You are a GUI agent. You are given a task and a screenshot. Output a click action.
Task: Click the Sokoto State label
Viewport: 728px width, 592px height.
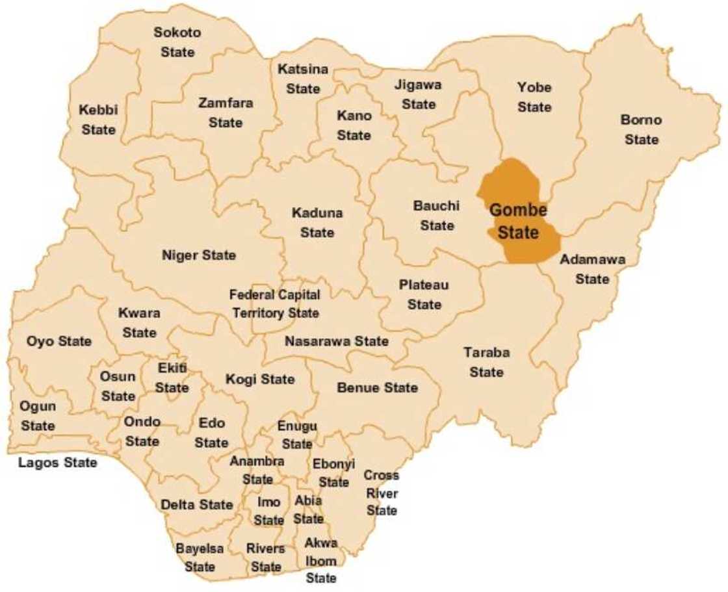pos(177,42)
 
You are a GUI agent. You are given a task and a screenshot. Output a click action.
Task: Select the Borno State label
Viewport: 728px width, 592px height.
pos(642,129)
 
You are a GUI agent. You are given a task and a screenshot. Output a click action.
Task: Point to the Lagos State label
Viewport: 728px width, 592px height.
pos(58,463)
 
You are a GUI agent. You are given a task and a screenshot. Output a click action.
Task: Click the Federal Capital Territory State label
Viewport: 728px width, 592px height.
pos(275,304)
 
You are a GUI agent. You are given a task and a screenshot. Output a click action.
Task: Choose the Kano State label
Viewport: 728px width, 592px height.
pos(354,125)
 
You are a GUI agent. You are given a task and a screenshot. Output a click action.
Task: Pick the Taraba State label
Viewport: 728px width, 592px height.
pos(487,362)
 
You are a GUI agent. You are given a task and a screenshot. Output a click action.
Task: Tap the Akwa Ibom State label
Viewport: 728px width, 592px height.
pos(321,560)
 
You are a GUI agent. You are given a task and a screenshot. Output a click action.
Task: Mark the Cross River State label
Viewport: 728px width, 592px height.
pos(382,493)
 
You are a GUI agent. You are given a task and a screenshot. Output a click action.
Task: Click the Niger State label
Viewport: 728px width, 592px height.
pos(199,255)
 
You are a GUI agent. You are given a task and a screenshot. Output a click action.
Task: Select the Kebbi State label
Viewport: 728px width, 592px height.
pos(98,120)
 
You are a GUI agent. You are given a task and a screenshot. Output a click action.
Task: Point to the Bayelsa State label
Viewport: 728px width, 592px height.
pos(200,558)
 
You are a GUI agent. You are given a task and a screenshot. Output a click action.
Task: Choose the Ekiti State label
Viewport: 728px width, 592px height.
pos(172,378)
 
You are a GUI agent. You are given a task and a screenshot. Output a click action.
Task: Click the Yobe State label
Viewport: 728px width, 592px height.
pos(534,97)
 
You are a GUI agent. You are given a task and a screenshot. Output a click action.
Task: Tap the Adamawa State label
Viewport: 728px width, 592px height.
pos(592,269)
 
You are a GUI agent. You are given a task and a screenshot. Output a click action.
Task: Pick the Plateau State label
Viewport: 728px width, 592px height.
pos(424,294)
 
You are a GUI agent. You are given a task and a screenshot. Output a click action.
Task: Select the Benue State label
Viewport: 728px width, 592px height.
pos(378,388)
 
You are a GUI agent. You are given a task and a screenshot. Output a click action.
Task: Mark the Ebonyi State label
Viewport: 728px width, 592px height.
pos(334,473)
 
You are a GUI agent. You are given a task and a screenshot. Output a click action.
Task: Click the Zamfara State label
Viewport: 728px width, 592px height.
pos(226,112)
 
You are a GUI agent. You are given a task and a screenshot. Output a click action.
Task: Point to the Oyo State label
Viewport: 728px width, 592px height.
pos(59,341)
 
